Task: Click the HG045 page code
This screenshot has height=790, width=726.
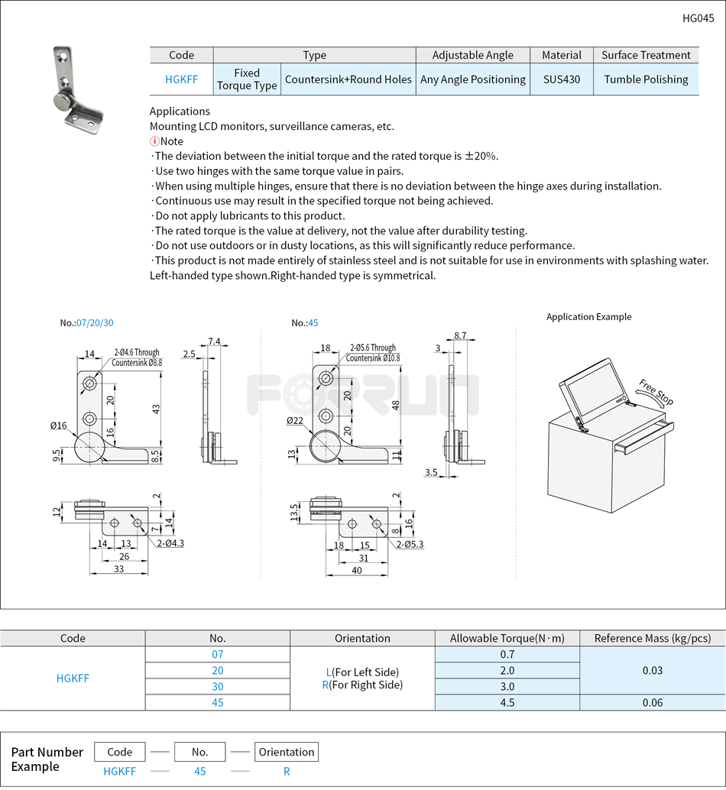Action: tap(698, 18)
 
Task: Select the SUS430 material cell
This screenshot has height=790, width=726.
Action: tap(561, 79)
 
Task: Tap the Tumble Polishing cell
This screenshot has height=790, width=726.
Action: tap(646, 79)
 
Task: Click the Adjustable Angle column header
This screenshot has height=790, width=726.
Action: tap(472, 55)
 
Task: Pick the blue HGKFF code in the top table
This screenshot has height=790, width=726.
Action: tap(181, 79)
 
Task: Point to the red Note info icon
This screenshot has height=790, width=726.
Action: tap(154, 141)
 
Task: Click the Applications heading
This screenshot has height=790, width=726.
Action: tap(180, 112)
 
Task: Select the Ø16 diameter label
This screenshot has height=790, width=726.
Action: tap(59, 426)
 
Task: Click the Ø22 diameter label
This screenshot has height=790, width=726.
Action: tap(295, 421)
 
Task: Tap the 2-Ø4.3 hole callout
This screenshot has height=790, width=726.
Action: tap(170, 543)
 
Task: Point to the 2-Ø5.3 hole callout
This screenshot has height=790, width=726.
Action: tap(410, 545)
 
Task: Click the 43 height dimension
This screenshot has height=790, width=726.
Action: tap(156, 410)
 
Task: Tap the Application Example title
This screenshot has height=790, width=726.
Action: tap(588, 317)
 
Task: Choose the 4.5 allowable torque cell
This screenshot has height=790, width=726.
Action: tap(507, 703)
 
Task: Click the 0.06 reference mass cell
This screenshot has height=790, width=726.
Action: tap(652, 703)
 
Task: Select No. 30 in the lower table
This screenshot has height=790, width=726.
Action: tap(218, 687)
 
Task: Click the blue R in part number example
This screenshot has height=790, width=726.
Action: tap(287, 772)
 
